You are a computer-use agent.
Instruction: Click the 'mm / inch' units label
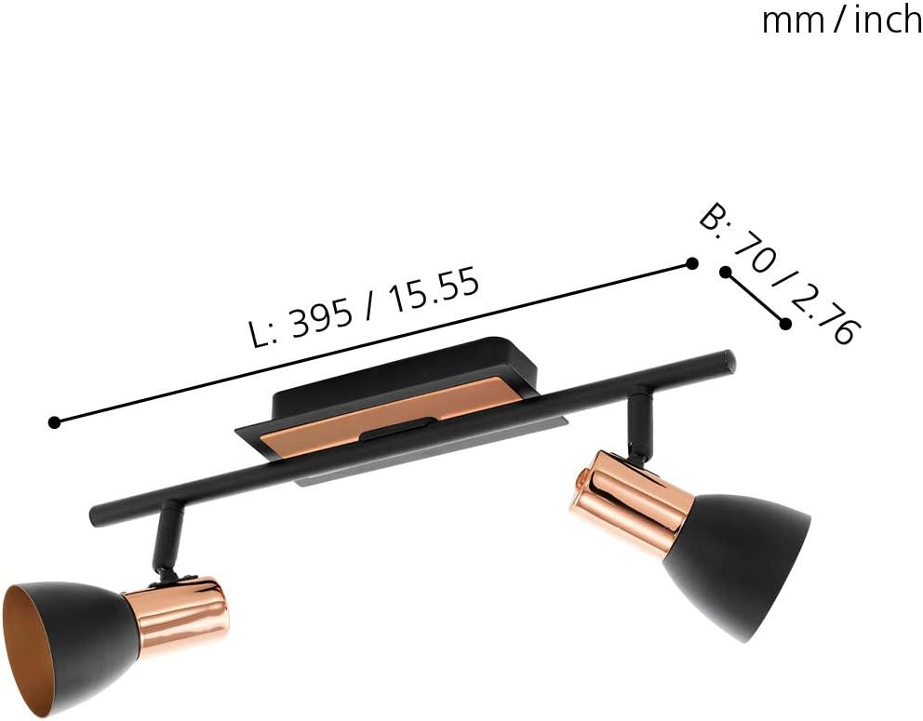841,20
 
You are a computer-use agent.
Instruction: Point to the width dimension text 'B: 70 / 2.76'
778,274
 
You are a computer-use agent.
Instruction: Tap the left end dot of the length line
55,422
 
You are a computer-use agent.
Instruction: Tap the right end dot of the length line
691,264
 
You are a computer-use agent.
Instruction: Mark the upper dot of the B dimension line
725,272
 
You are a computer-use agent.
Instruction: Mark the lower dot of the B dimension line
786,324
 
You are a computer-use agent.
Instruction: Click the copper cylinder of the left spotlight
182,613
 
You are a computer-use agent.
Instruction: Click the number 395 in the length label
322,319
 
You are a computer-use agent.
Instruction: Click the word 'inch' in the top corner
888,20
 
